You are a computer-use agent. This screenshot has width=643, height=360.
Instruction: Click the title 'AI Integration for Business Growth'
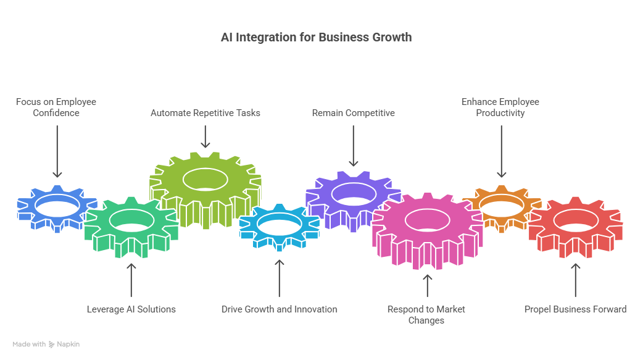316,38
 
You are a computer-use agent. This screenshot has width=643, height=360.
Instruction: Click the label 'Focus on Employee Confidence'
56,107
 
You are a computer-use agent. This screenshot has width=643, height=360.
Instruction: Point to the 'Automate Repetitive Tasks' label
205,113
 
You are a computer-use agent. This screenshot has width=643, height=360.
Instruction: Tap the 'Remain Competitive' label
353,113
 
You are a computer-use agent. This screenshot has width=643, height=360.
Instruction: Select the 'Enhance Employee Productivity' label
500,107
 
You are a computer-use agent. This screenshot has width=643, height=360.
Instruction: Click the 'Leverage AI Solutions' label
131,309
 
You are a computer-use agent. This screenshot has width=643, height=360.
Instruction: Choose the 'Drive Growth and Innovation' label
280,309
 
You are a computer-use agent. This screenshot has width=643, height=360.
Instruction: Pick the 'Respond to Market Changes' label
426,314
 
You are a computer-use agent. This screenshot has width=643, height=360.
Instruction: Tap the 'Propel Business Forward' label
575,309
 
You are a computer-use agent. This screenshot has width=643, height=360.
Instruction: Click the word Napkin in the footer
69,345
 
